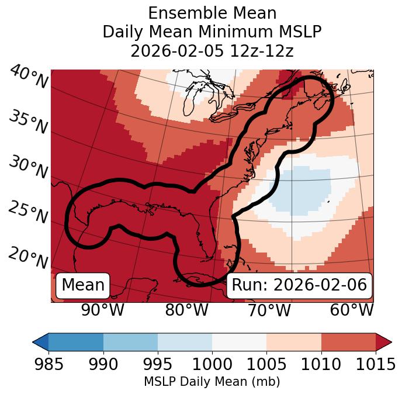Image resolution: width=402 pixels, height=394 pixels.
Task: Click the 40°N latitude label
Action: (x=28, y=78)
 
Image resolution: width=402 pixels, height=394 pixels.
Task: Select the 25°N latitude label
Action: (x=28, y=212)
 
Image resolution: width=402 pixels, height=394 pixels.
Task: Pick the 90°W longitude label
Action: (x=102, y=310)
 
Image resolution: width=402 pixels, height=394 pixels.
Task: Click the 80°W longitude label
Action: (x=186, y=310)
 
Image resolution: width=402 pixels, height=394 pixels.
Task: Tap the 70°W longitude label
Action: (x=269, y=310)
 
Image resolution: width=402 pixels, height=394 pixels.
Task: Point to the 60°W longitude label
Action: (x=352, y=310)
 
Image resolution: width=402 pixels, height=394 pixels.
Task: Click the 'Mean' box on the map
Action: (x=83, y=285)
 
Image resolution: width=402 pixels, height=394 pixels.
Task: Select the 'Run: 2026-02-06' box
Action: (x=299, y=285)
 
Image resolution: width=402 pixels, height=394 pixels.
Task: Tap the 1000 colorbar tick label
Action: (x=212, y=365)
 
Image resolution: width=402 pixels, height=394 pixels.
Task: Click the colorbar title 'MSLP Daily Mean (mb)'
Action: (x=212, y=382)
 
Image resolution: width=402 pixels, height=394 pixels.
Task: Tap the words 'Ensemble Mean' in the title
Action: (x=212, y=13)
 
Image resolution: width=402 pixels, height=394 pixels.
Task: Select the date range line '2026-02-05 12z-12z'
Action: (x=212, y=51)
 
